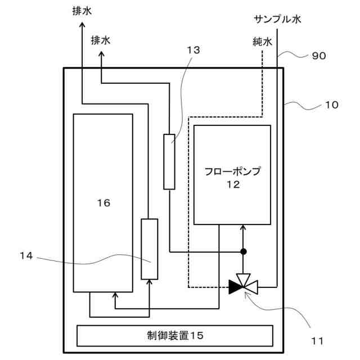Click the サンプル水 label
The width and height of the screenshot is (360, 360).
tap(277, 20)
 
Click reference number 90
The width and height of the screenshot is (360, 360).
tap(318, 56)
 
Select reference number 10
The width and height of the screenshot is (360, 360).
tap(332, 105)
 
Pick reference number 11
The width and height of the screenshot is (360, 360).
tap(317, 340)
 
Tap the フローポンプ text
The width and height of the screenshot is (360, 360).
tap(232, 171)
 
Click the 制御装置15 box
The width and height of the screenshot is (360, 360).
tap(174, 336)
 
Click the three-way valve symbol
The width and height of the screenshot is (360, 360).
tap(243, 285)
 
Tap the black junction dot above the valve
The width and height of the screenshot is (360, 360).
tap(244, 251)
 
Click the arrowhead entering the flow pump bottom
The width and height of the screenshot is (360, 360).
tap(244, 227)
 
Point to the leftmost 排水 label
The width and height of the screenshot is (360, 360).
tap(83, 11)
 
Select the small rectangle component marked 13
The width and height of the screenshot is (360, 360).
tap(169, 161)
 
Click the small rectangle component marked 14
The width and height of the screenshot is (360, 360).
tap(149, 248)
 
